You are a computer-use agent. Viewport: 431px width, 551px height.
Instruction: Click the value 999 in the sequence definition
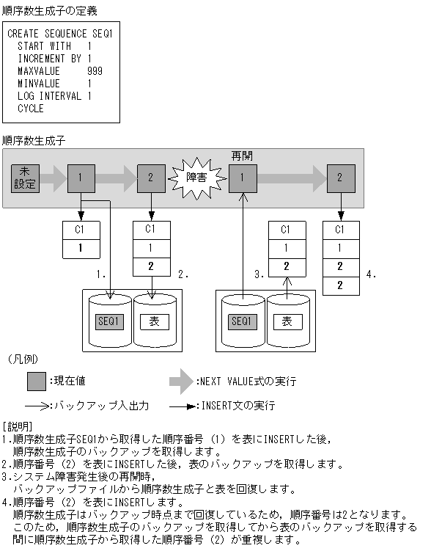coord(94,71)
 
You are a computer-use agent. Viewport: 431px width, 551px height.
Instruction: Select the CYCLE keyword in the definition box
coord(31,109)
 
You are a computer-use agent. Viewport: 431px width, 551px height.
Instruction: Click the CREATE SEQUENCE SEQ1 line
coord(59,34)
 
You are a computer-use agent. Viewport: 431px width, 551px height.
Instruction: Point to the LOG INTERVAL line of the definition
coord(54,96)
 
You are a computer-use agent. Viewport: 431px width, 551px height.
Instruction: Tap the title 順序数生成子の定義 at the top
coord(49,10)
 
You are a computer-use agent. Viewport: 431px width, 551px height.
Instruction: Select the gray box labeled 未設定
coord(25,178)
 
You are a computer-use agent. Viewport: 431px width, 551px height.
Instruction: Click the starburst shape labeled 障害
coord(196,177)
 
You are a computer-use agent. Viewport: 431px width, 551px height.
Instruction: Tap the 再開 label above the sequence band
coord(242,156)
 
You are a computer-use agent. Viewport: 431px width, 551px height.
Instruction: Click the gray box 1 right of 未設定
coord(81,178)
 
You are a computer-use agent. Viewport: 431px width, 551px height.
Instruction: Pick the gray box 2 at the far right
coord(340,178)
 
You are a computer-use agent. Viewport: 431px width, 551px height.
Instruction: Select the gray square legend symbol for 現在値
coord(37,382)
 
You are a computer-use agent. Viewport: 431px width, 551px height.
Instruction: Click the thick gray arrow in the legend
coord(181,382)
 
